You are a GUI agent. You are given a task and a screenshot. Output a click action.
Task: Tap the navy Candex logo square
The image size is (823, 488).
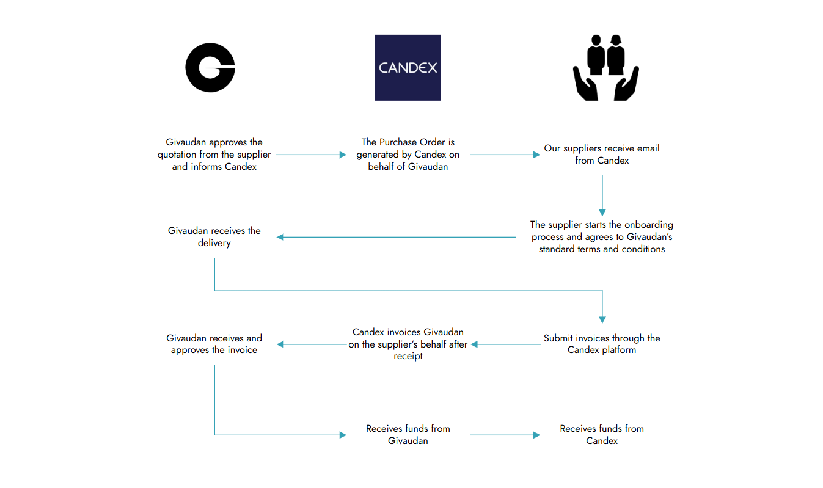pyautogui.click(x=408, y=68)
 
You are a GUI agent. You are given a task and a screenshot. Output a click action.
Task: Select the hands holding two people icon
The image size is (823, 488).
pyautogui.click(x=606, y=68)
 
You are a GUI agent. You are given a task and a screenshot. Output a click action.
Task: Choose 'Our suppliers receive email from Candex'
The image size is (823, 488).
pyautogui.click(x=602, y=155)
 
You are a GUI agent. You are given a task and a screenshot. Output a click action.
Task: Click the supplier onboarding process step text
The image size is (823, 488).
pyautogui.click(x=602, y=237)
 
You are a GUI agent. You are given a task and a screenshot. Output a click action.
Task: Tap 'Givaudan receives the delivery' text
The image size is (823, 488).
pyautogui.click(x=214, y=237)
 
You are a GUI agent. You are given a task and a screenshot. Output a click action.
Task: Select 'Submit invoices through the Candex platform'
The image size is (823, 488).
pyautogui.click(x=602, y=344)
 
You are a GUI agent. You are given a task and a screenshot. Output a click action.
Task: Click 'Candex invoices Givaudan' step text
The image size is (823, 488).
pyautogui.click(x=408, y=344)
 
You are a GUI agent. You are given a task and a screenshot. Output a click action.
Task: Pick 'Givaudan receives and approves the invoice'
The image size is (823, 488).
pyautogui.click(x=214, y=344)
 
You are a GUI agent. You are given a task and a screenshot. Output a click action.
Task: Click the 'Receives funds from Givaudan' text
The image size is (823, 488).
pyautogui.click(x=408, y=434)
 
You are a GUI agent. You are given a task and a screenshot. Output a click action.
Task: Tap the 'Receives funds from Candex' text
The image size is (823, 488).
pyautogui.click(x=602, y=434)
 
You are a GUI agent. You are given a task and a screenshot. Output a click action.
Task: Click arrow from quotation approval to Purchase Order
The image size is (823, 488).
pyautogui.click(x=312, y=155)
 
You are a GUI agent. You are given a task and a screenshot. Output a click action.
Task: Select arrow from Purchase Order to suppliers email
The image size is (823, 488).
pyautogui.click(x=505, y=155)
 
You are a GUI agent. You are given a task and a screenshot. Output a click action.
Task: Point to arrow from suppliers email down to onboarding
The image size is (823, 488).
pyautogui.click(x=602, y=195)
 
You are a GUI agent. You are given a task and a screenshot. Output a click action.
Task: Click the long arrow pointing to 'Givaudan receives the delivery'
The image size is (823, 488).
pyautogui.click(x=396, y=237)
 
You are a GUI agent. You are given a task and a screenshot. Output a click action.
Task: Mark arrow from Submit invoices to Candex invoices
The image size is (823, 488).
pyautogui.click(x=505, y=344)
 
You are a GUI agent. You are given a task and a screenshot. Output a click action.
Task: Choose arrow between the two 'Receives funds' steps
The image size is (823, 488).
pyautogui.click(x=505, y=435)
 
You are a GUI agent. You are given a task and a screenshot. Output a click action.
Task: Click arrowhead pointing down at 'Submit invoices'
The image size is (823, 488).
pyautogui.click(x=602, y=320)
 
